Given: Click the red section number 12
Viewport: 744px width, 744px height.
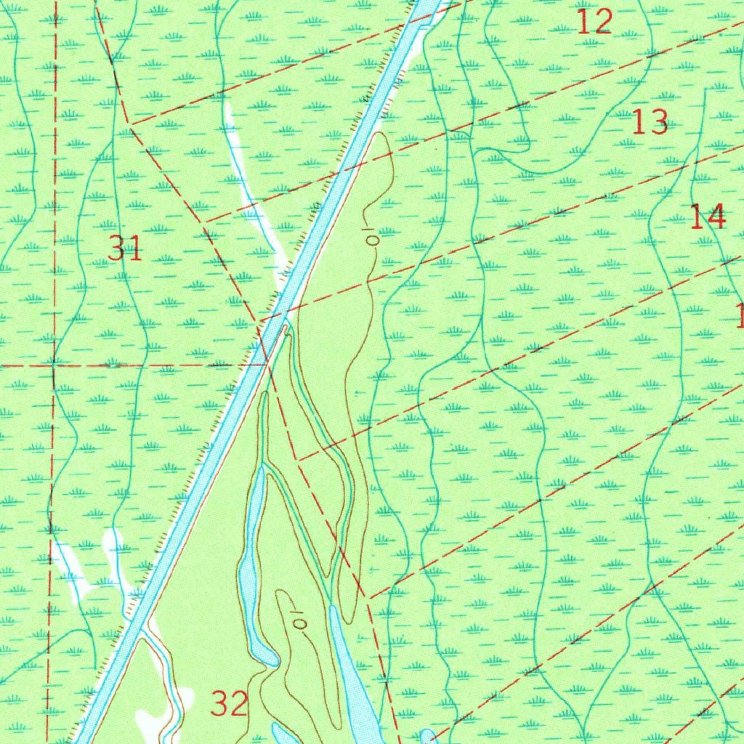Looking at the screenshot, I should tap(595, 23).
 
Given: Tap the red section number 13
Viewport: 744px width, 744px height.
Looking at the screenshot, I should tap(650, 122).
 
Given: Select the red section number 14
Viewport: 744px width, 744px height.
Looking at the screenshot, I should tap(707, 217).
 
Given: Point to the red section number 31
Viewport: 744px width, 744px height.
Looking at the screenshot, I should tap(125, 249).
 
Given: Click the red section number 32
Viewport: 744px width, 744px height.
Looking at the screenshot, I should tap(230, 703).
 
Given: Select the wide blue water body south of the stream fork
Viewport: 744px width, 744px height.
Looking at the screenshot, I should tap(352, 676).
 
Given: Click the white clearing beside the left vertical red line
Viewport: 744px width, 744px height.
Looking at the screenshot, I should tap(69, 567).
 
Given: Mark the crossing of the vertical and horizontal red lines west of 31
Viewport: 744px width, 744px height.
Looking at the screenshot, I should tap(54, 365).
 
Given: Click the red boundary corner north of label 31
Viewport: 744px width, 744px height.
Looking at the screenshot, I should tap(132, 126).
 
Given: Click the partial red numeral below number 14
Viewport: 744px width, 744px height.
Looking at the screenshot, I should tap(740, 315).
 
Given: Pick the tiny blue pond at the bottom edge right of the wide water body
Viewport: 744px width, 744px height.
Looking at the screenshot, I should tap(429, 735).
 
